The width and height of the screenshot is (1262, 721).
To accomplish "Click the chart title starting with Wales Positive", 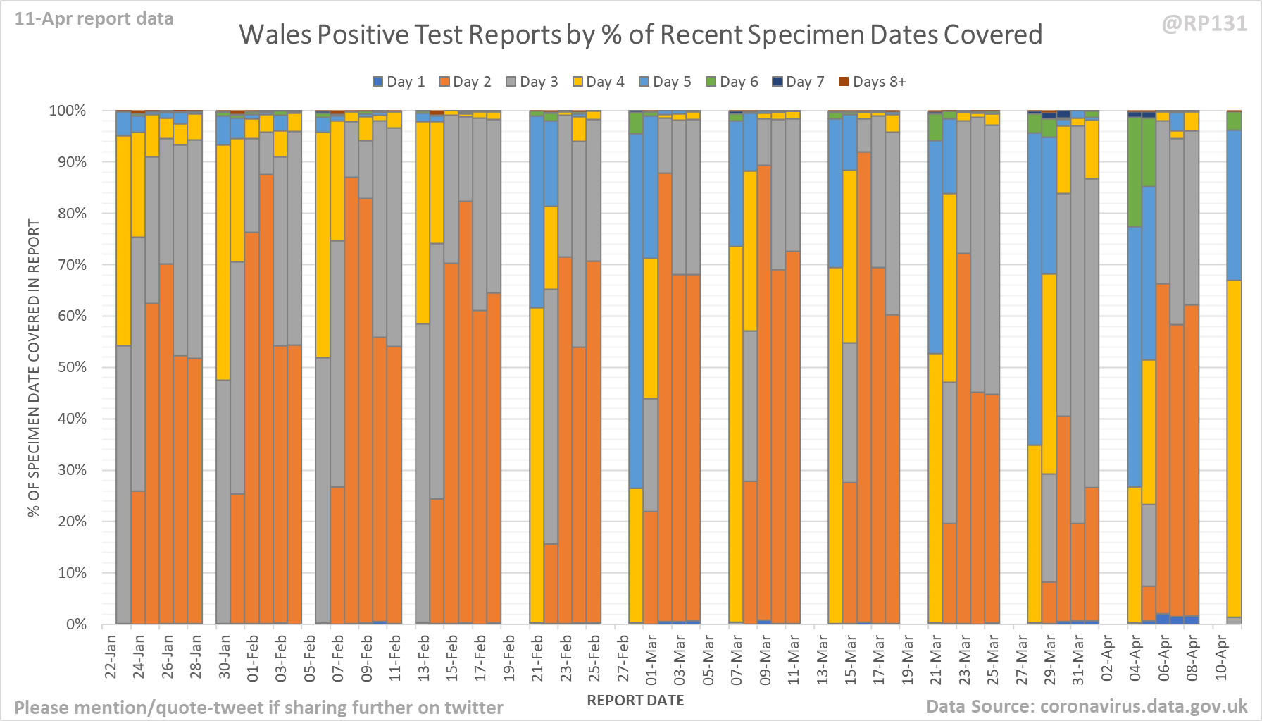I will (x=640, y=35).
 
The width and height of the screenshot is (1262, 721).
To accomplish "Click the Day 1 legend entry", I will (x=399, y=82).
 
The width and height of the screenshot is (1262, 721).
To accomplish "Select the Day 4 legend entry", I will (x=598, y=82).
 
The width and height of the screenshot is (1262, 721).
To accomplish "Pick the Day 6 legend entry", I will (x=732, y=82).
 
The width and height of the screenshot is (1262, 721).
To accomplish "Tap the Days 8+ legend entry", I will (x=873, y=82).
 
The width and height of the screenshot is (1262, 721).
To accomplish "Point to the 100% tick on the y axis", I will (x=68, y=111).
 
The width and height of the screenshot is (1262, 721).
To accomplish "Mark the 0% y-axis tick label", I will (x=75, y=624).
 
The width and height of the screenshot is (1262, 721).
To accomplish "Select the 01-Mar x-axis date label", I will (x=651, y=658).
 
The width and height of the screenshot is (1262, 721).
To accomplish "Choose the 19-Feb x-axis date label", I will (x=509, y=657).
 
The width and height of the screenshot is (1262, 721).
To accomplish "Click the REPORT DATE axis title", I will (x=635, y=701).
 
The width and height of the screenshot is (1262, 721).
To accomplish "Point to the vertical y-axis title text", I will (x=34, y=367).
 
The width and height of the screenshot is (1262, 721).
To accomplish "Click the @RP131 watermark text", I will (x=1204, y=23).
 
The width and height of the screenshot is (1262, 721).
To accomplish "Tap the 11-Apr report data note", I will (x=94, y=19).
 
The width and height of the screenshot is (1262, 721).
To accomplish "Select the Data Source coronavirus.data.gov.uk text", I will (x=1087, y=706).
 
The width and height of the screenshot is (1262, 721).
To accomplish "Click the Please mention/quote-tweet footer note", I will (x=258, y=708).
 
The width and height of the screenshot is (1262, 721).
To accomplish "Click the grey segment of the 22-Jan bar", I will (x=123, y=486).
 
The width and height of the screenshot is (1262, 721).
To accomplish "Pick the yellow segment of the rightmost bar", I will (x=1234, y=451).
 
